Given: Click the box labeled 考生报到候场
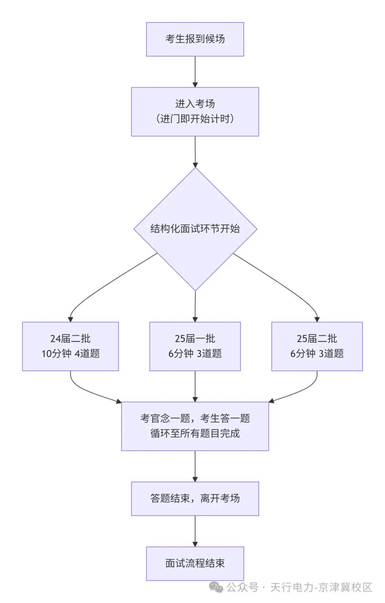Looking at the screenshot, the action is pyautogui.click(x=195, y=39).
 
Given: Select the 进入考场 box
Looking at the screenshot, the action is pyautogui.click(x=195, y=112).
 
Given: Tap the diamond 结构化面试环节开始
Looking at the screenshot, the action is pyautogui.click(x=195, y=229).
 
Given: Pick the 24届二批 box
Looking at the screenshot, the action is pyautogui.click(x=71, y=346).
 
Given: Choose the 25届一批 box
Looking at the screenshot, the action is pyautogui.click(x=195, y=346).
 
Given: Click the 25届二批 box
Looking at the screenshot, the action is pyautogui.click(x=317, y=346).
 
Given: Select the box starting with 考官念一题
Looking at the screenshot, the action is pyautogui.click(x=195, y=426).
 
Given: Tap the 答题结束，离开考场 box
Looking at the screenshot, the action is pyautogui.click(x=195, y=498).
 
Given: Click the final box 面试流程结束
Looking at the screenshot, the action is pyautogui.click(x=195, y=563).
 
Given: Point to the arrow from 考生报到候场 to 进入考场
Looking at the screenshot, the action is pyautogui.click(x=195, y=72).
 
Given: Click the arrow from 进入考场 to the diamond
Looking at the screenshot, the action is pyautogui.click(x=195, y=152).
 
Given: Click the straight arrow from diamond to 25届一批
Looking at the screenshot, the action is pyautogui.click(x=195, y=306).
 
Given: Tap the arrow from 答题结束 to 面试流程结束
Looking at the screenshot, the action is pyautogui.click(x=195, y=531).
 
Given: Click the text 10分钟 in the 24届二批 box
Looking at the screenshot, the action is pyautogui.click(x=56, y=354).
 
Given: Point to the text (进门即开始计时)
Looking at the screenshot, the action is pyautogui.click(x=195, y=119).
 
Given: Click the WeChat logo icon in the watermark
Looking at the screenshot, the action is pyautogui.click(x=216, y=587).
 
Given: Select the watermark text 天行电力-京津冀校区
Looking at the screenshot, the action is pyautogui.click(x=321, y=587).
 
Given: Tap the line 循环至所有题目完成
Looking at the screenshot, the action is pyautogui.click(x=195, y=434).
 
